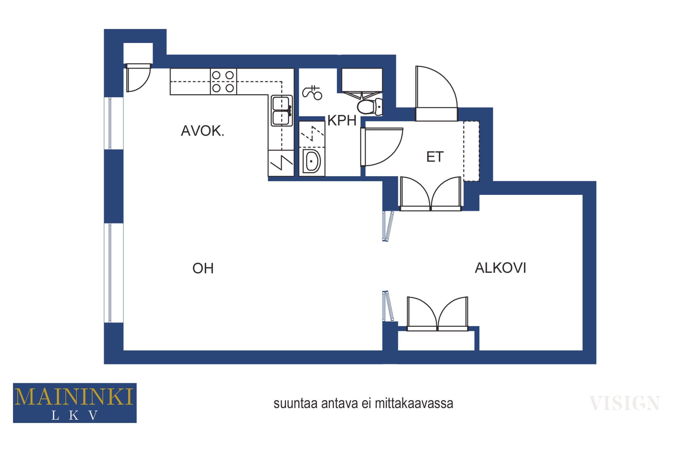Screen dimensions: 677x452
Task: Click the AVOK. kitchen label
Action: pos(202,131)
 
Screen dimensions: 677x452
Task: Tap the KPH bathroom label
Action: pos(342,120)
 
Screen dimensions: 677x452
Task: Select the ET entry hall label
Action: pos(435,157)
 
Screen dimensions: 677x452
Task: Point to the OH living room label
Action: pos(203,268)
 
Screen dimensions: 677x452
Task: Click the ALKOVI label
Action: pos(500,268)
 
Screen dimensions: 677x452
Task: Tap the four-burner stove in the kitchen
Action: pos(223,82)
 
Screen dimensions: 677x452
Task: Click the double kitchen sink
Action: pos(282,111)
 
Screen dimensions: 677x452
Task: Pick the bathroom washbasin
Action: pos(312,161)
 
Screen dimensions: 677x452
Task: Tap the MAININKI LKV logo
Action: pos(75,403)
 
